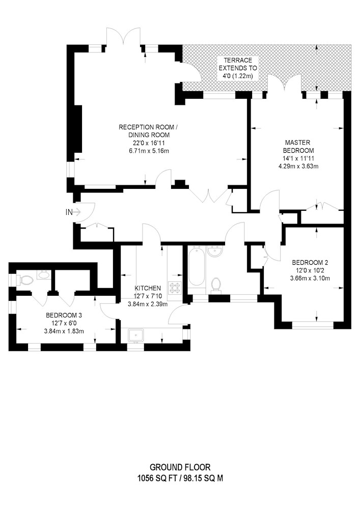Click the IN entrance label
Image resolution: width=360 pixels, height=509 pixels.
[x=69, y=212]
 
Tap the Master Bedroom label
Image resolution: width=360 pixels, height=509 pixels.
[x=298, y=147]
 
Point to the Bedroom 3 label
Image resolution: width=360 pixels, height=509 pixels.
[x=64, y=315]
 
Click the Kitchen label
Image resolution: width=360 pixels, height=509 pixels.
[x=148, y=288]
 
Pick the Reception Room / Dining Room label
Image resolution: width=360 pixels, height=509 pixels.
[x=149, y=130]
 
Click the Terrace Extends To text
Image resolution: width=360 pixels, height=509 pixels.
[x=238, y=64]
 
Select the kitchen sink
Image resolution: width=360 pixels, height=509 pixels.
[x=136, y=335]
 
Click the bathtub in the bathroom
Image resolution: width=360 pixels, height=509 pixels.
[x=196, y=266]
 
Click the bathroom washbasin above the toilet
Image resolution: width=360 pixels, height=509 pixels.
[x=215, y=251]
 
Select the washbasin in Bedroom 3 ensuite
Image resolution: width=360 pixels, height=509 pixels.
[x=43, y=275]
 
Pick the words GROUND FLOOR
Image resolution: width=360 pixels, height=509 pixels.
[x=180, y=467]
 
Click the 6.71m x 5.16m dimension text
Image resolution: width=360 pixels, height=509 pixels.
[x=149, y=151]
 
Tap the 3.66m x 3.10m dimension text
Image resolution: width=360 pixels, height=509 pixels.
[x=310, y=278]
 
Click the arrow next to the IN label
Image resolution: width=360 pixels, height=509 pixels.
[x=77, y=212]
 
